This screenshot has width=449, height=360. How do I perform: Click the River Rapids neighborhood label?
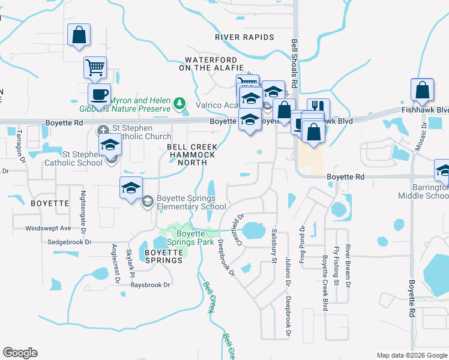(245, 37)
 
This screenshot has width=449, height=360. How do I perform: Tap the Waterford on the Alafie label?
(214, 64)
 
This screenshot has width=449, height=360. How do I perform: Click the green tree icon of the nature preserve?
(179, 104)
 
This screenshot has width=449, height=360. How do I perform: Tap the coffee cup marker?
(99, 95)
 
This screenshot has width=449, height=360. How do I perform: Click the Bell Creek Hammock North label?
(192, 155)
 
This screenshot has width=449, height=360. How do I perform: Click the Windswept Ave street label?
(48, 229)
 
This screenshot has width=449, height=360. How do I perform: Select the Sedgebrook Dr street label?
(71, 242)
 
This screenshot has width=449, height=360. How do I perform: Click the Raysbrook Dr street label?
(151, 285)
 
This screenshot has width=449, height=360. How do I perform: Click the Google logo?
(20, 353)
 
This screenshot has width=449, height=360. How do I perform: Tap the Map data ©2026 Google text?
(411, 355)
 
